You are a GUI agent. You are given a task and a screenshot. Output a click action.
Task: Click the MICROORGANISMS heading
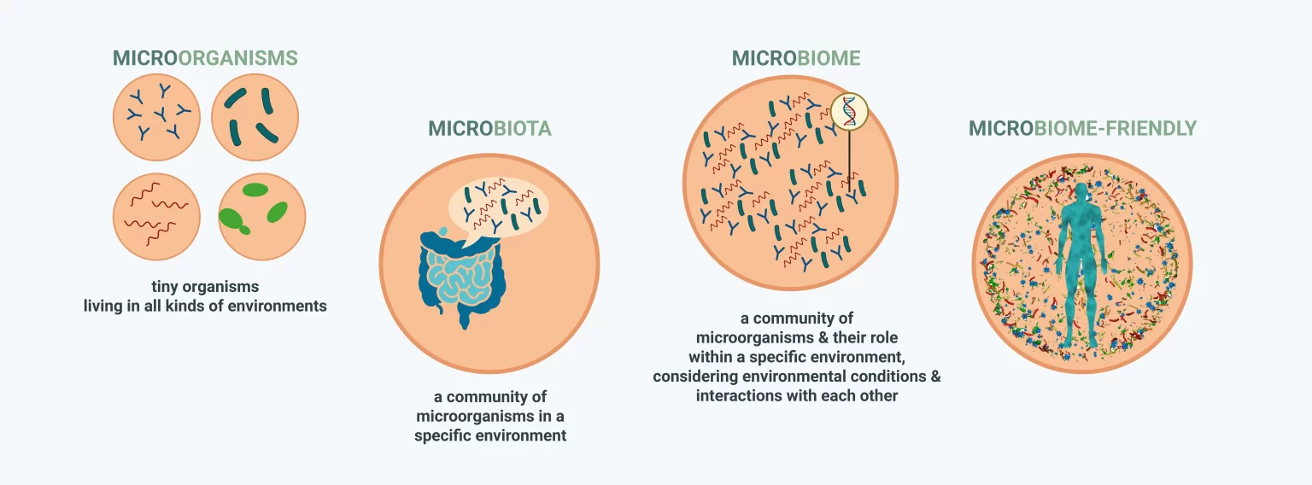205,58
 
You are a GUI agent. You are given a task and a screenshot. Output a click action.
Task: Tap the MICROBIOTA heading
489,128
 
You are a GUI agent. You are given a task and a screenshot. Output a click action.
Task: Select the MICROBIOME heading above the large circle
796,58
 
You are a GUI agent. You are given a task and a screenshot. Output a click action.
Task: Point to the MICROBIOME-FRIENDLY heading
1082,128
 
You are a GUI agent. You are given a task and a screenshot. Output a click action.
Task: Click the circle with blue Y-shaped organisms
156,117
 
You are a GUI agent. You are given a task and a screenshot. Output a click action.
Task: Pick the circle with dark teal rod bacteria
255,117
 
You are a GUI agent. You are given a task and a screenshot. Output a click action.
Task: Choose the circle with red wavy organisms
156,217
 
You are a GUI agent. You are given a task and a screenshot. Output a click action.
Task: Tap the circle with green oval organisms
262,217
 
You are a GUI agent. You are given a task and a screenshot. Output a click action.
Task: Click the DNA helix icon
849,111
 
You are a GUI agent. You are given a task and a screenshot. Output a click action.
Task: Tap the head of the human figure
1081,191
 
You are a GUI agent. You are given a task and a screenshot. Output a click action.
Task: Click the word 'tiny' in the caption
165,287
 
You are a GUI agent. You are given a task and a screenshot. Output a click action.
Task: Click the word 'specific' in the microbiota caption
442,436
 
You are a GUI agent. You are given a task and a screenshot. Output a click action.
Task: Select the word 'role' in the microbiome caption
884,338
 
